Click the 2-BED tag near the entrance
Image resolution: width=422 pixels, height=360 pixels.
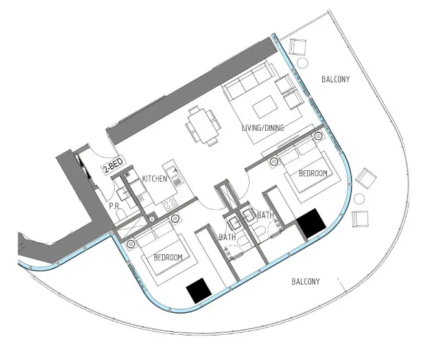tap(113, 164)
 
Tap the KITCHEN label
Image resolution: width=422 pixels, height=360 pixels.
tap(154, 179)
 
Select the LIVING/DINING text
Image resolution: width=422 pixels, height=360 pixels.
tap(263, 128)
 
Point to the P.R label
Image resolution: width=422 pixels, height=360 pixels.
tap(114, 206)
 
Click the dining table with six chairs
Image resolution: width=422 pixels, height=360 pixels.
tap(203, 126)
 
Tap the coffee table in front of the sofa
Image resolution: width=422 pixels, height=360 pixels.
tap(265, 107)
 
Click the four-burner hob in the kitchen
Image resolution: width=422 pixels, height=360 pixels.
tap(170, 204)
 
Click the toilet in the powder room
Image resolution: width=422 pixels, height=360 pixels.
tap(121, 213)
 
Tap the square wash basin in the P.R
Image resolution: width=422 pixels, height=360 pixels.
tap(123, 194)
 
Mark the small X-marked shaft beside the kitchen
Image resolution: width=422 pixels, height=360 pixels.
tap(152, 219)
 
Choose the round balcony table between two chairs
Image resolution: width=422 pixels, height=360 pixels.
tap(359, 199)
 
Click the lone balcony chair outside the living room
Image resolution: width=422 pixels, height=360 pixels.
tap(298, 47)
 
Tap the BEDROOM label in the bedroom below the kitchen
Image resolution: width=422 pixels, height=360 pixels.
tap(168, 258)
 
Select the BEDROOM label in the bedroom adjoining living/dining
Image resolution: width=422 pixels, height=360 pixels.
tap(313, 173)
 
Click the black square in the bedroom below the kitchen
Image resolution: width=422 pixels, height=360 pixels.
tap(199, 291)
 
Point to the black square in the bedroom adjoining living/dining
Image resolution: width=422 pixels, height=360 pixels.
tap(311, 223)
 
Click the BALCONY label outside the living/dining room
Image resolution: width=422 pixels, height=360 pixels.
tap(336, 79)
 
